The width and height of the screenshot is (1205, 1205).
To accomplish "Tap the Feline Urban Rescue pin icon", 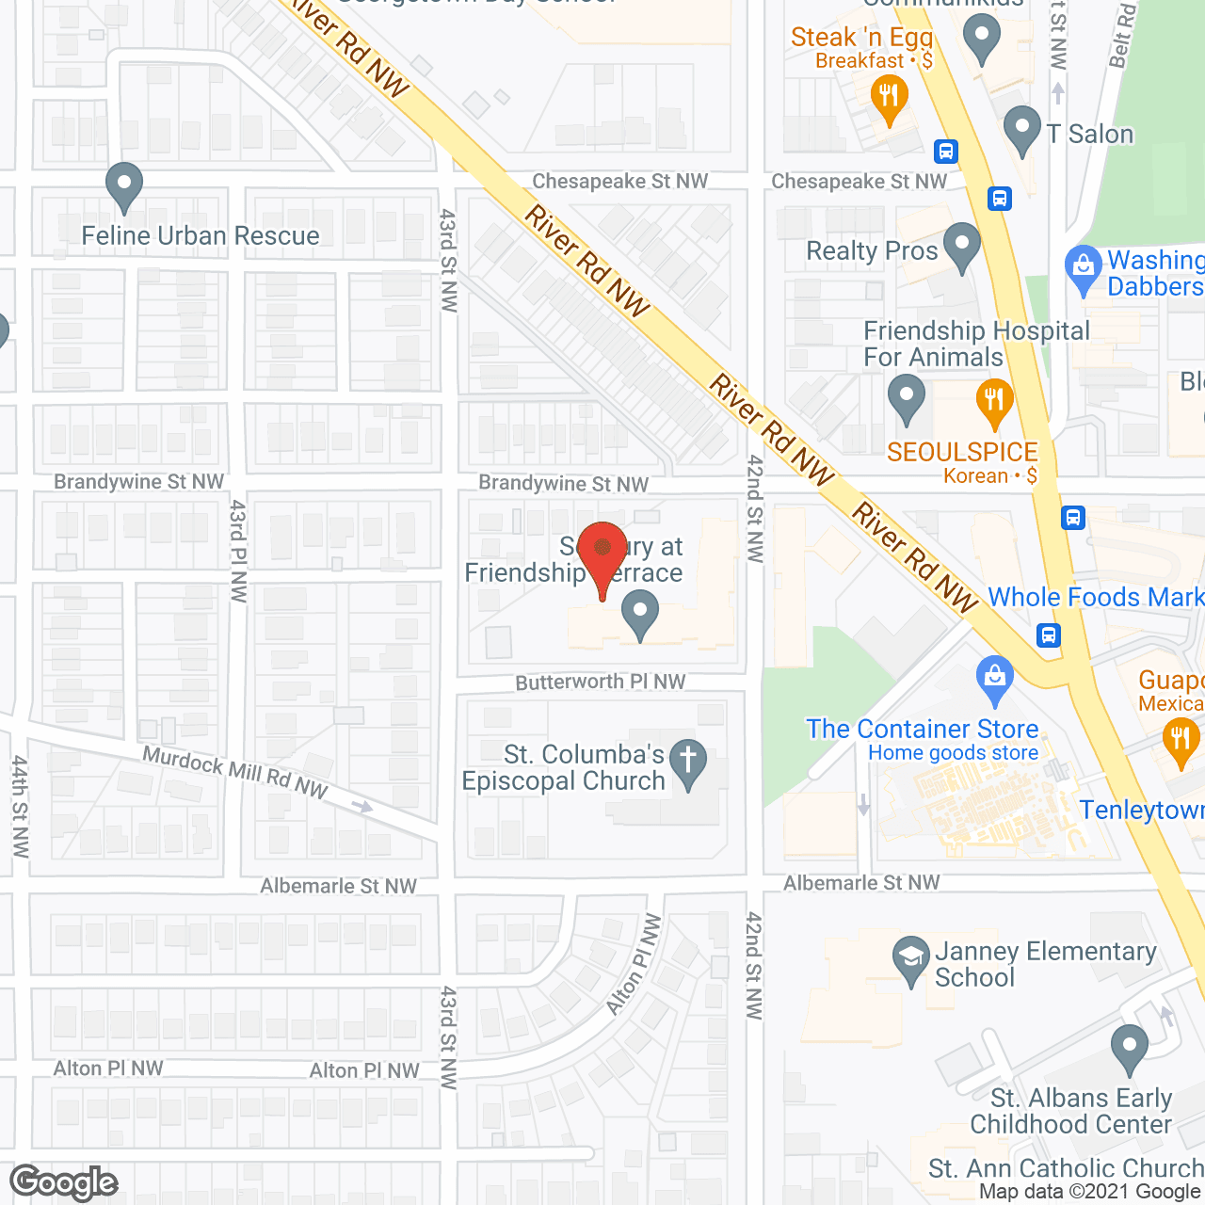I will pyautogui.click(x=123, y=185).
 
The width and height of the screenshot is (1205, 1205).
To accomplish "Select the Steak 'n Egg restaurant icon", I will pyautogui.click(x=889, y=98).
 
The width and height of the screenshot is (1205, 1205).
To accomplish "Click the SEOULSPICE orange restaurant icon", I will pyautogui.click(x=994, y=402).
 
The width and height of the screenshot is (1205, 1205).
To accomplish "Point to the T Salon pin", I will pyautogui.click(x=1022, y=131).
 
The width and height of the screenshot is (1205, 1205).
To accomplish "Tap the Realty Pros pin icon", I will pyautogui.click(x=961, y=247).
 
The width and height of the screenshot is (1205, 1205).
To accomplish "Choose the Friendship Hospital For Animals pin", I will pyautogui.click(x=907, y=398).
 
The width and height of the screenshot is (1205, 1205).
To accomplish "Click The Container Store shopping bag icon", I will pyautogui.click(x=995, y=680).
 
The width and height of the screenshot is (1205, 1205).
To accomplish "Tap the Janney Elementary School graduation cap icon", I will pyautogui.click(x=910, y=960).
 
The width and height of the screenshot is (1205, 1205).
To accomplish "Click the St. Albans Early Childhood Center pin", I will pyautogui.click(x=1129, y=1048).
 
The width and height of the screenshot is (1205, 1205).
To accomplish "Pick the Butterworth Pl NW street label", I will pyautogui.click(x=601, y=682).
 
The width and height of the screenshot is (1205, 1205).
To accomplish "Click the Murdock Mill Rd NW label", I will pyautogui.click(x=234, y=773).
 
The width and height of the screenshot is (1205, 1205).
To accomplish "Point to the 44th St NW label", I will pyautogui.click(x=20, y=806).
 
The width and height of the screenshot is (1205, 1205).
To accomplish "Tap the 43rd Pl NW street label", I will pyautogui.click(x=237, y=551).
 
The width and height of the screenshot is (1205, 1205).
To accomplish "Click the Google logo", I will pyautogui.click(x=64, y=1181).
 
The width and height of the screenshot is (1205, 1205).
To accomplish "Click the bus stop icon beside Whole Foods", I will pyautogui.click(x=1049, y=635).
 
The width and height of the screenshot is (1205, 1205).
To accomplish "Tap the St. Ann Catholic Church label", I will pyautogui.click(x=1066, y=1168).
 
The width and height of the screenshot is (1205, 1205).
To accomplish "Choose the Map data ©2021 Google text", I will pyautogui.click(x=1090, y=1192).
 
